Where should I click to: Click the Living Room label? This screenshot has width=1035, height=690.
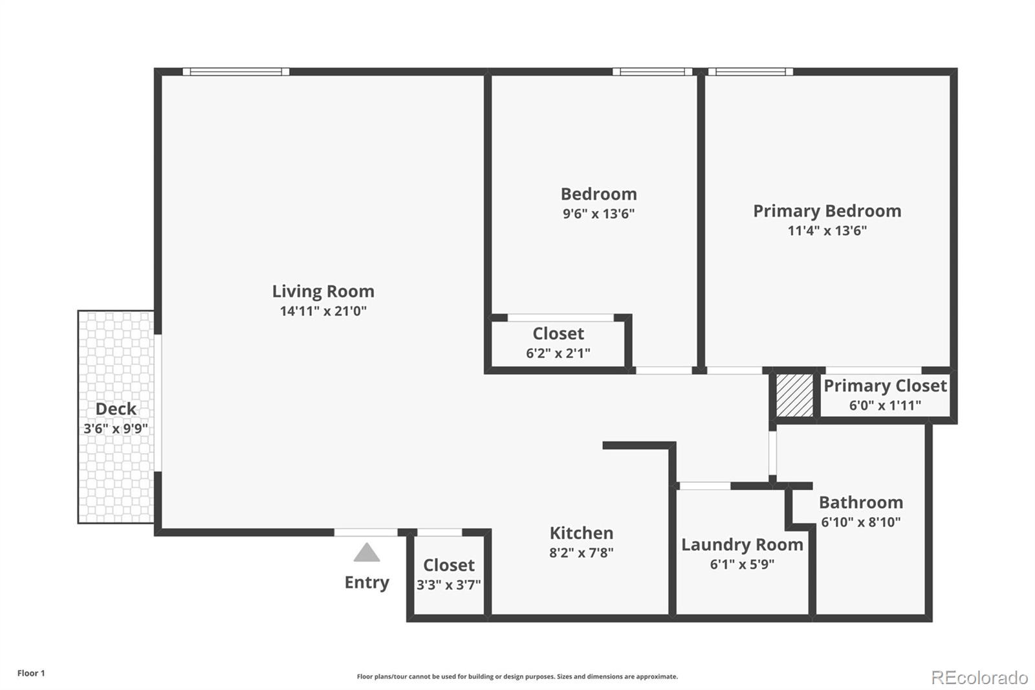click(323, 291)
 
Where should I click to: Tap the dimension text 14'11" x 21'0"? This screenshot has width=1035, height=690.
click(323, 311)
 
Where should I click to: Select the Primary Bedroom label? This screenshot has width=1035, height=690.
click(827, 211)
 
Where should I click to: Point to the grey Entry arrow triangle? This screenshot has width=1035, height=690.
click(367, 553)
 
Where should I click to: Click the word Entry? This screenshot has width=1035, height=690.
click(367, 583)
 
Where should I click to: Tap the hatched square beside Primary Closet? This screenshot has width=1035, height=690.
click(794, 395)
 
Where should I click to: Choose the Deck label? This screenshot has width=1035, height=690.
click(116, 409)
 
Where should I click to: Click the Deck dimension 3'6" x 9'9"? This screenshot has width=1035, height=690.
click(116, 428)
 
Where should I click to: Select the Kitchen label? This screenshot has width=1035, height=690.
click(581, 533)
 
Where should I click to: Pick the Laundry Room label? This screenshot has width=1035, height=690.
click(742, 545)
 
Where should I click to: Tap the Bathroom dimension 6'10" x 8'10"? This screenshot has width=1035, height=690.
click(860, 522)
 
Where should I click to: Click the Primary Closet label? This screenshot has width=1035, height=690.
click(885, 386)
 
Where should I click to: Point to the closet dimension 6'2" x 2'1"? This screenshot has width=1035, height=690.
click(558, 353)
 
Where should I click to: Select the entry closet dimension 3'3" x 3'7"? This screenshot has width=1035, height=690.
click(448, 585)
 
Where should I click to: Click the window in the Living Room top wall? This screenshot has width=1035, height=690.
click(235, 72)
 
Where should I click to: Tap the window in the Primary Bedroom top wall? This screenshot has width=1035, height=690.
click(750, 72)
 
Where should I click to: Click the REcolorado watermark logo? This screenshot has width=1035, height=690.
click(979, 678)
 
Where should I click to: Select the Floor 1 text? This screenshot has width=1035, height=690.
click(31, 673)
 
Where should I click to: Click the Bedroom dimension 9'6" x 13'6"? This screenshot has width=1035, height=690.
click(598, 214)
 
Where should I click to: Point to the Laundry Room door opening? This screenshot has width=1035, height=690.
click(704, 485)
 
